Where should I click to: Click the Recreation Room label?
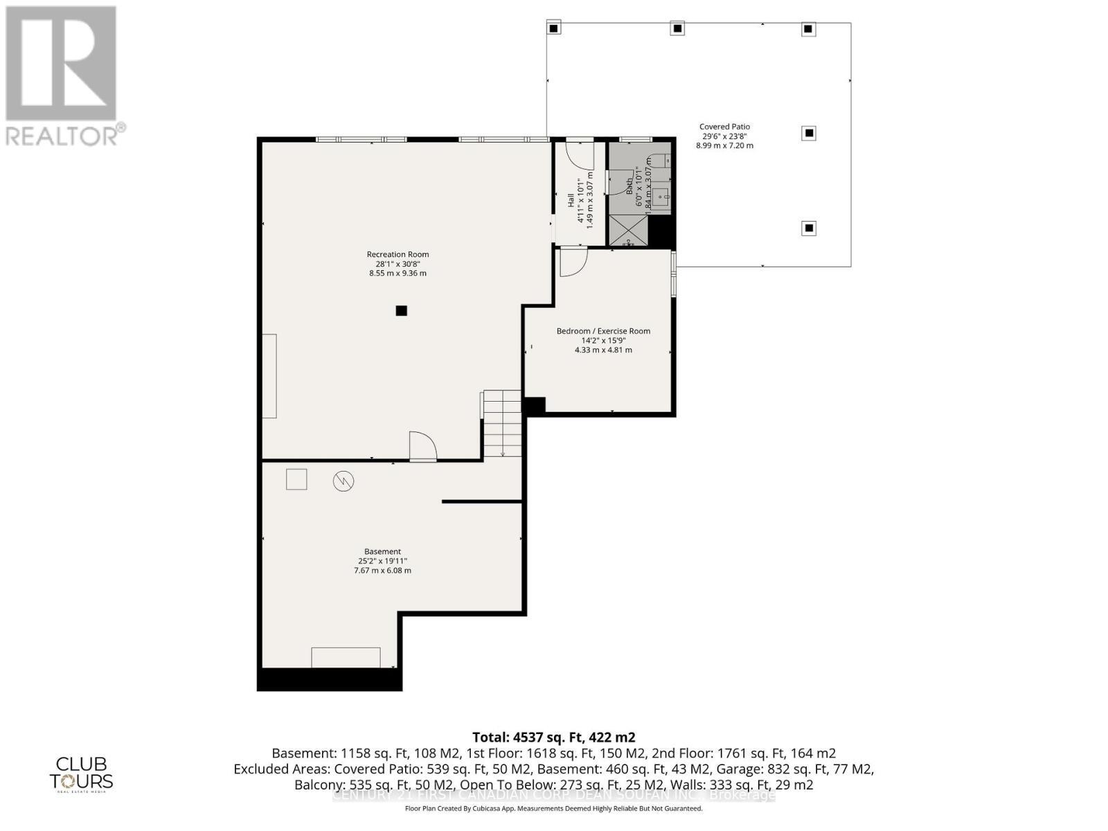click(x=397, y=254)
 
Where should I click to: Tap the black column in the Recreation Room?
click(x=401, y=311)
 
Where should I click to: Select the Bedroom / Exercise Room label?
click(x=603, y=331)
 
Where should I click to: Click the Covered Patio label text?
click(x=724, y=127)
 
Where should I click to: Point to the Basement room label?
click(x=382, y=552)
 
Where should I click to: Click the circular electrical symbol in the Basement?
click(x=343, y=481)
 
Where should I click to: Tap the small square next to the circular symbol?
click(x=296, y=479)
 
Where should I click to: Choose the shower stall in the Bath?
click(x=629, y=230)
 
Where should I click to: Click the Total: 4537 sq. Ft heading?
click(x=553, y=737)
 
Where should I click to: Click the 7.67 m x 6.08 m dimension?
click(x=382, y=571)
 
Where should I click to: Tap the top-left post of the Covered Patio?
click(x=553, y=28)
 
